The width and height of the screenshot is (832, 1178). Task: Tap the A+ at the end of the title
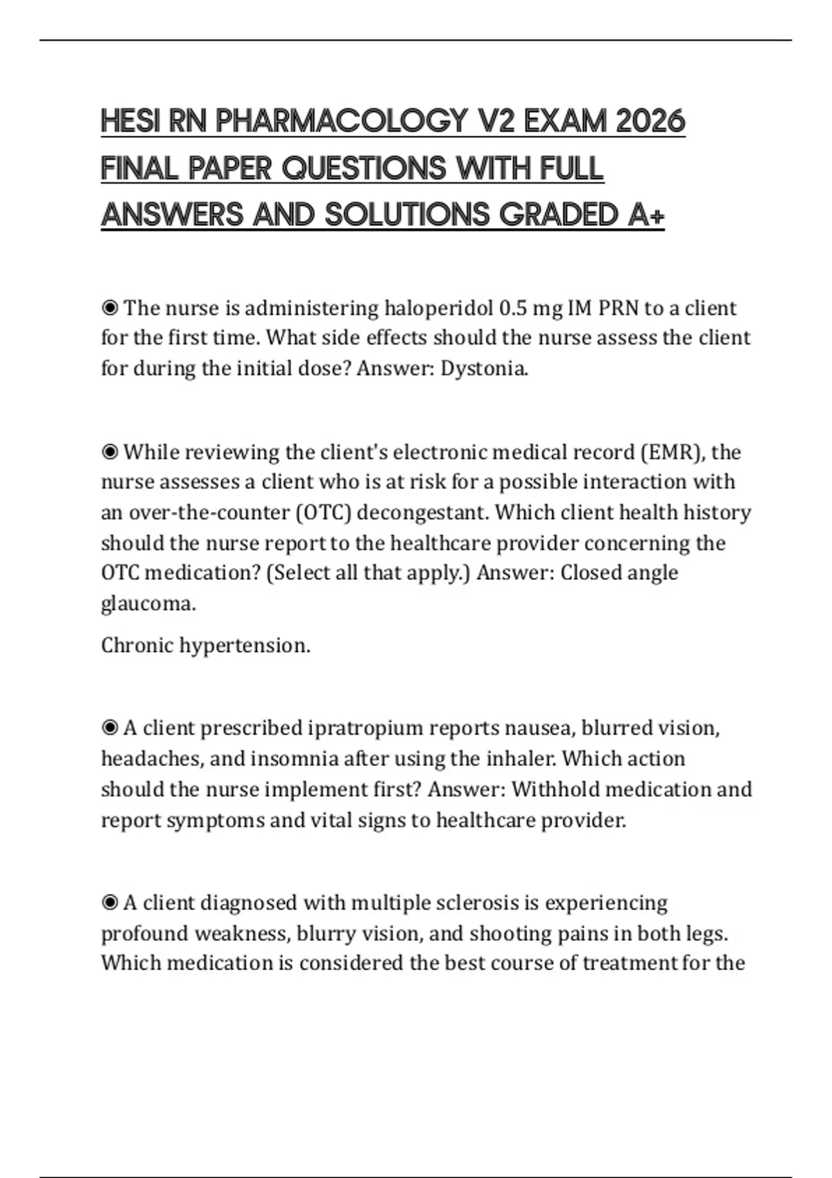[x=646, y=215]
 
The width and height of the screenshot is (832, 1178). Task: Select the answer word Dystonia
[x=484, y=368]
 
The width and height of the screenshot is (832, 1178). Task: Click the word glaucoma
[x=148, y=604]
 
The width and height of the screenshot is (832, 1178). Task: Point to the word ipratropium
[x=365, y=728]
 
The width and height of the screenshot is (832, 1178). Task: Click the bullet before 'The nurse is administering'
[x=110, y=308]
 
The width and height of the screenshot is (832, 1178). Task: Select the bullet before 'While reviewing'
[x=110, y=452]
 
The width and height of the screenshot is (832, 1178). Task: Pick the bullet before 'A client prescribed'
[x=110, y=728]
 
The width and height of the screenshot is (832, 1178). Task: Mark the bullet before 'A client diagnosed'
[x=110, y=903]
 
